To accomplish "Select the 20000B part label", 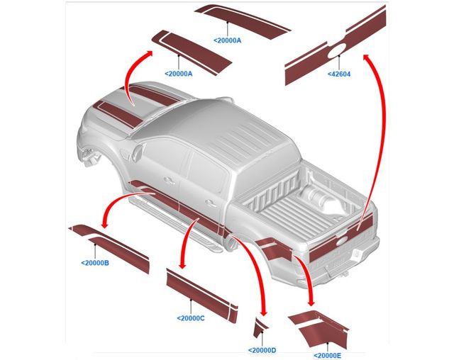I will (x=95, y=263).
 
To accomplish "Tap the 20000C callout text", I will (x=190, y=317).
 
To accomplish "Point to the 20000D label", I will (x=262, y=350).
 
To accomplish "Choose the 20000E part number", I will (x=327, y=354).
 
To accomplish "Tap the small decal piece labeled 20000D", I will (x=261, y=327).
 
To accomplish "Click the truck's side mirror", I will (x=135, y=152).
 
